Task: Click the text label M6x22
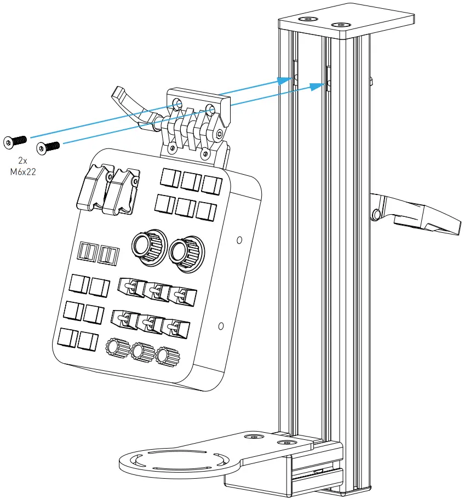[22, 170]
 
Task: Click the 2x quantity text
[22, 160]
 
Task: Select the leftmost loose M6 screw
[15, 141]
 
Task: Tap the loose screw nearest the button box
[48, 147]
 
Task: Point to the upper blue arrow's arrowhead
[284, 81]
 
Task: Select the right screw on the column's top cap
[342, 25]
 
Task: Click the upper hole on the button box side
[239, 240]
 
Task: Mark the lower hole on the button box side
[220, 326]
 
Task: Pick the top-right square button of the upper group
[211, 184]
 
